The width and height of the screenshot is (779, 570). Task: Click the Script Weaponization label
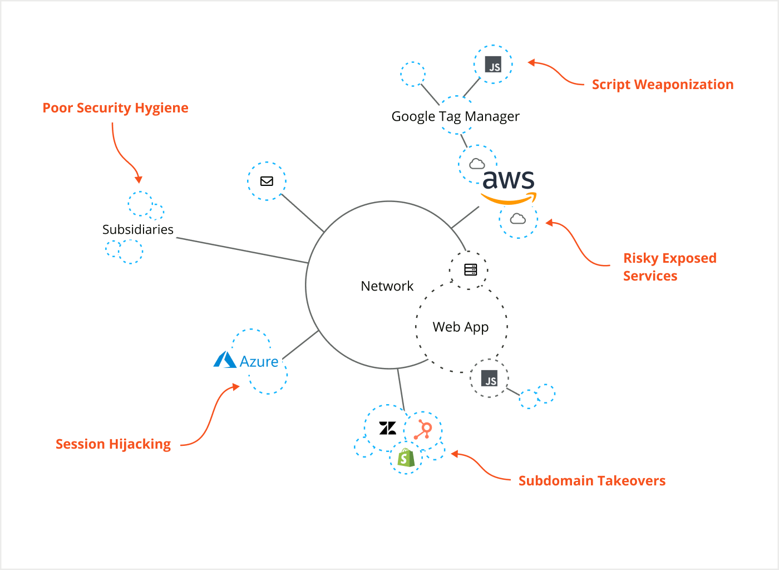pos(662,85)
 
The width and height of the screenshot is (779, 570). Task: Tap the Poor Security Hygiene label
pos(115,108)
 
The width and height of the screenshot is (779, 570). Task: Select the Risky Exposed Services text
pos(669,267)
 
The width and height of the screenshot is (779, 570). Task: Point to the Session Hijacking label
pos(113,444)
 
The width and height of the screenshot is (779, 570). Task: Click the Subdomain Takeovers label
pos(591,481)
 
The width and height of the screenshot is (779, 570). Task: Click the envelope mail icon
pos(267,181)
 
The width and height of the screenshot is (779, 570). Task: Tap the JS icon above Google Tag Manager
pos(493,65)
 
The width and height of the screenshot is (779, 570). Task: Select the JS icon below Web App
pos(489,379)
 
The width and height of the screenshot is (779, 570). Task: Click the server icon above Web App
pos(470,269)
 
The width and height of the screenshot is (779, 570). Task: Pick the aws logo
pos(508,185)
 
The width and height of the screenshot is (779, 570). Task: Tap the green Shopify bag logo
pos(406,458)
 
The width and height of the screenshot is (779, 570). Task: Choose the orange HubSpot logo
pos(424,430)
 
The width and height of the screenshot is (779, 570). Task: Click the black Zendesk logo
pos(387,428)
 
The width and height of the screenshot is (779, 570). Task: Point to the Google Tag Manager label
pos(455,116)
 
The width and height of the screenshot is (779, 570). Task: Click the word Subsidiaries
pos(137,229)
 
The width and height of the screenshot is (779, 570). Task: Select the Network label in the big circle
pos(387,286)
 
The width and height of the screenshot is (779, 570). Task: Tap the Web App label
pos(460,327)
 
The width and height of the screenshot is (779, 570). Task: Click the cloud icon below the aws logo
pos(518,219)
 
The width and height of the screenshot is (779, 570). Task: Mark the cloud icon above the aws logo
pos(477,164)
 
